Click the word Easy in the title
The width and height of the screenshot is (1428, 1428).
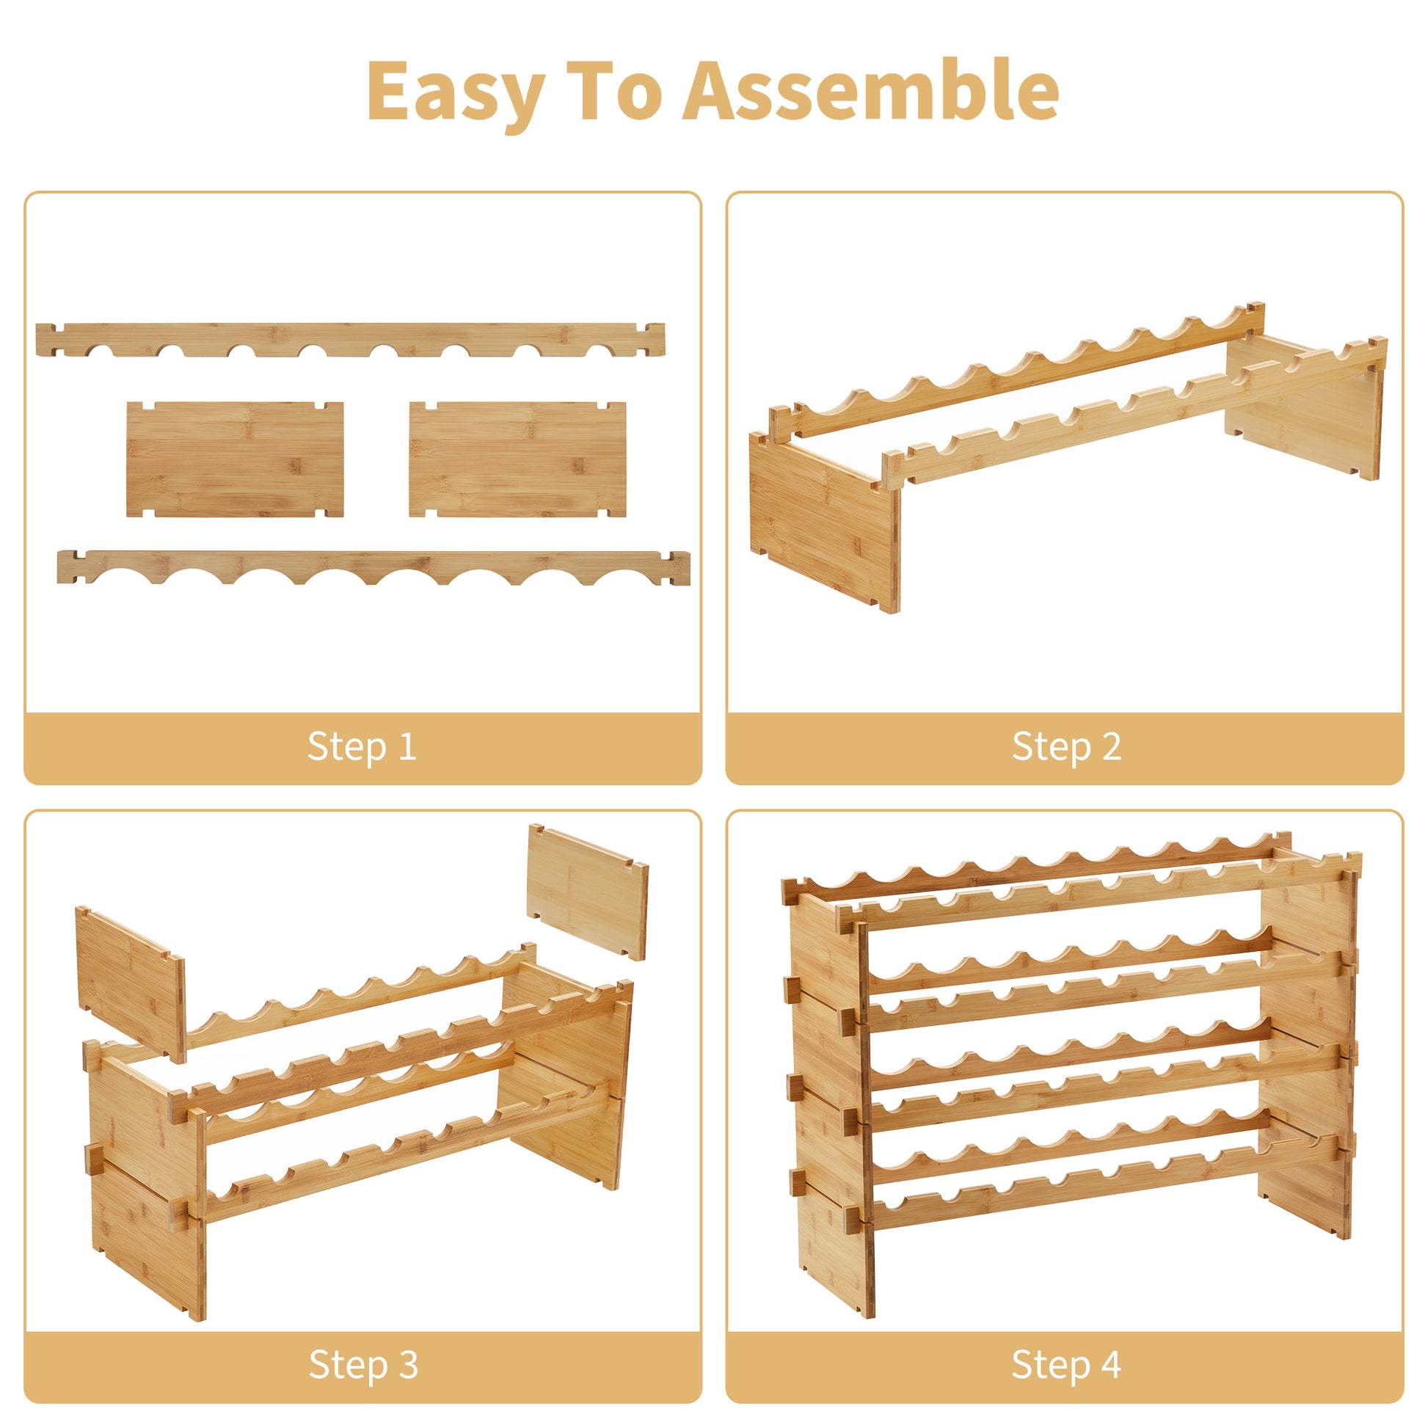click(456, 92)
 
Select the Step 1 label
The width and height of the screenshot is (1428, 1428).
click(363, 746)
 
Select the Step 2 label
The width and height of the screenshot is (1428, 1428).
click(1066, 746)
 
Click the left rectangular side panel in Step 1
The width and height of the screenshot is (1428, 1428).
click(235, 459)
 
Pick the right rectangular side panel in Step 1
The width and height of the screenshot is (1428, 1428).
click(517, 459)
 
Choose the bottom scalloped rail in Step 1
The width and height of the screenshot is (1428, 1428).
click(374, 567)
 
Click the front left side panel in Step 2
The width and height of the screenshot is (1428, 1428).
click(826, 522)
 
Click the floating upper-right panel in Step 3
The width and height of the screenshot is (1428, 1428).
click(588, 892)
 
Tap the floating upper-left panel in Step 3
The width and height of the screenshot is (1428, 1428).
click(130, 984)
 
